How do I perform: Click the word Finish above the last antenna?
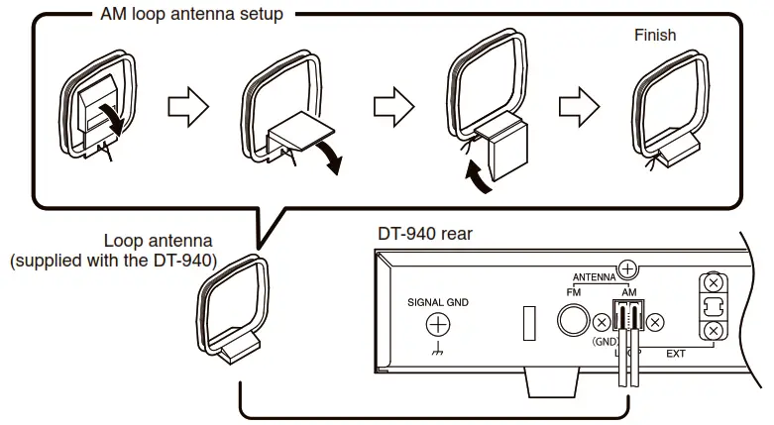(654, 35)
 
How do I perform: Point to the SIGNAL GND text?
(437, 302)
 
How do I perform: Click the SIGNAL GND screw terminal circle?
(437, 324)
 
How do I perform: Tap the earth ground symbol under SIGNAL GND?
(437, 351)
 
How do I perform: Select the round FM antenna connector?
(573, 320)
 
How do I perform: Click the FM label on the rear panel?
(573, 293)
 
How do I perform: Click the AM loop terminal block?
(627, 317)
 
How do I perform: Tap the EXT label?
(675, 352)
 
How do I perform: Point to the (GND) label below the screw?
(605, 341)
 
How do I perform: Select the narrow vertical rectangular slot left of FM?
(529, 324)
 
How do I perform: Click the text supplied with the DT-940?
(113, 261)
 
